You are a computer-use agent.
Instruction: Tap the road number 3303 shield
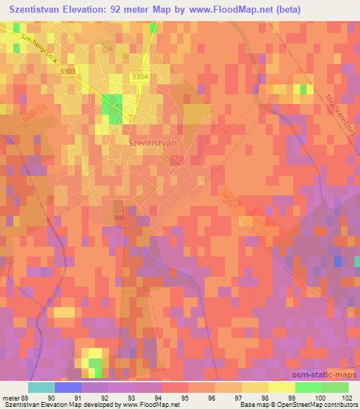(67, 71)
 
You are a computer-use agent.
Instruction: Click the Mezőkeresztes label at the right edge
(342, 98)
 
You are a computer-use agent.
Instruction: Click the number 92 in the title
(133, 9)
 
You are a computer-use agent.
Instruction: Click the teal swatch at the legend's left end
(41, 387)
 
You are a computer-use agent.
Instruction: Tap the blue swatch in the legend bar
(68, 387)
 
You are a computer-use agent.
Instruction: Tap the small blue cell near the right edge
(337, 261)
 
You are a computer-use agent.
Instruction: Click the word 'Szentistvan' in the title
(39, 9)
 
